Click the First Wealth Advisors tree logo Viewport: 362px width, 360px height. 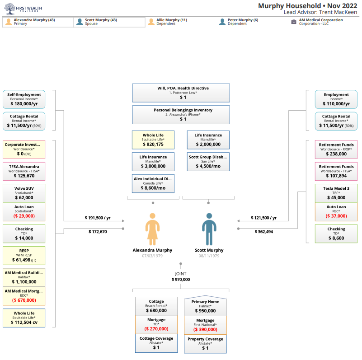(x=9, y=9)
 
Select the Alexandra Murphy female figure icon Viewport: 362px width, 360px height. (x=152, y=229)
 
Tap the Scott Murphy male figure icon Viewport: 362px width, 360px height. (x=209, y=229)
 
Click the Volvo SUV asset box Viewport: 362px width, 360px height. (x=24, y=193)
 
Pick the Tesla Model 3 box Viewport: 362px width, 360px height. (x=336, y=193)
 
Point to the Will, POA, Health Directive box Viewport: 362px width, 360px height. (x=181, y=93)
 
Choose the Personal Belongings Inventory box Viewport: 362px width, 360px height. (x=181, y=114)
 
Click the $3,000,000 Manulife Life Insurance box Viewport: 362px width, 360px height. (x=152, y=162)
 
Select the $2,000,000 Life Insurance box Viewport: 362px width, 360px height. (x=208, y=140)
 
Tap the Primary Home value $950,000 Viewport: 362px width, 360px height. (x=205, y=311)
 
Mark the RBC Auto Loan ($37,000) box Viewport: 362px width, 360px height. (x=336, y=211)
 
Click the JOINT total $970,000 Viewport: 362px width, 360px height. (x=181, y=280)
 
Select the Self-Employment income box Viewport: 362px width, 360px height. (x=24, y=99)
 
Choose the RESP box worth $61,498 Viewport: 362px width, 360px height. (x=24, y=255)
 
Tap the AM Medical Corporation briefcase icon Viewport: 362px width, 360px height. (x=294, y=22)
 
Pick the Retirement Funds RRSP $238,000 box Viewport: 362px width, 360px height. (x=336, y=149)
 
